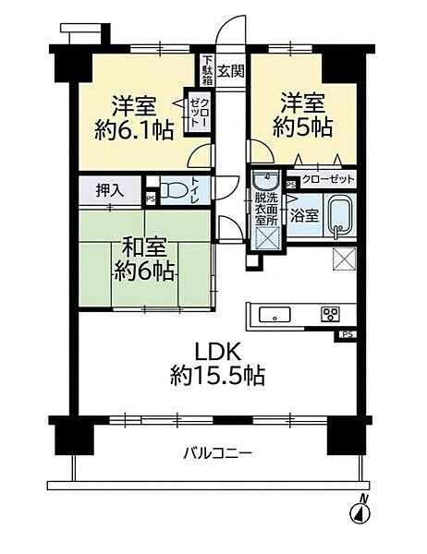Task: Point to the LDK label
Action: click(x=217, y=352)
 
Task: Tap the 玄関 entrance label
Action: click(x=231, y=68)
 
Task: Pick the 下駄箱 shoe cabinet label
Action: click(x=208, y=69)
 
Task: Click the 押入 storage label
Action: click(x=108, y=192)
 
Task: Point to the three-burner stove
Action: click(x=330, y=314)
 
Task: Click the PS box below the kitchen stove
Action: click(x=348, y=334)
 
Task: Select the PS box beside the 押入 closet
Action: click(x=149, y=196)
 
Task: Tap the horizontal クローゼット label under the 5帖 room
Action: click(x=325, y=180)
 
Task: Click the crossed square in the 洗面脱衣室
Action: click(x=266, y=237)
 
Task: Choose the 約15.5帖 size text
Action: click(x=217, y=376)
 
